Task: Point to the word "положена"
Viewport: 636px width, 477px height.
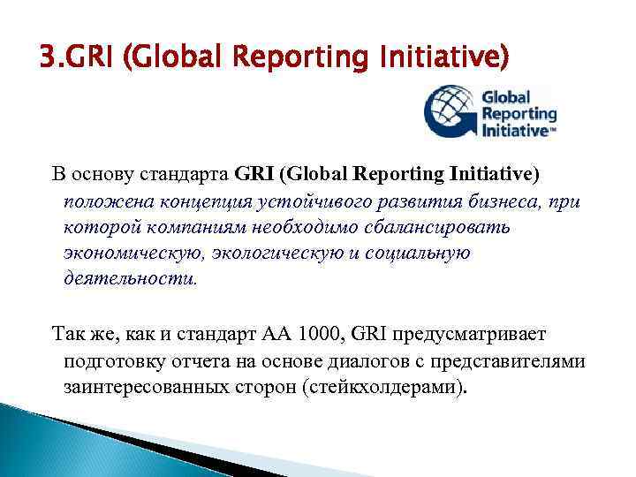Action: coord(101,201)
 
